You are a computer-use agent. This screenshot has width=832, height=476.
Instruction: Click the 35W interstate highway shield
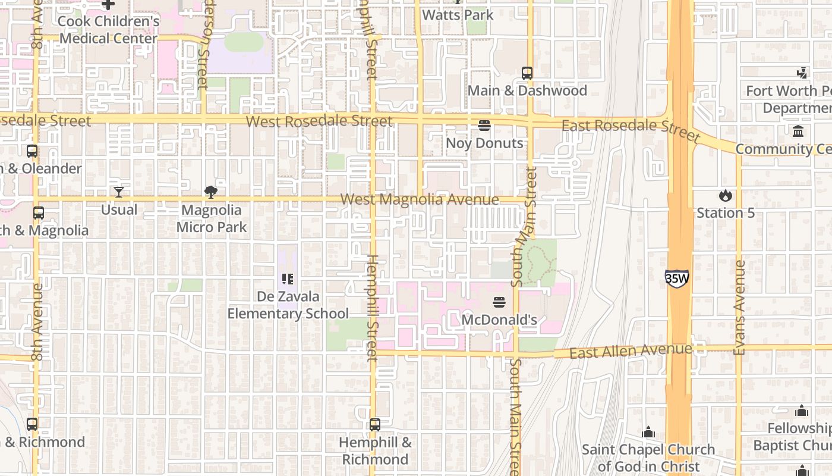[677, 278]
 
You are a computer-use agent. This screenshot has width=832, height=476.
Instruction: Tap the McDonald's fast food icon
[499, 302]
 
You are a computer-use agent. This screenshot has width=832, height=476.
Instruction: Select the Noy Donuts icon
[484, 126]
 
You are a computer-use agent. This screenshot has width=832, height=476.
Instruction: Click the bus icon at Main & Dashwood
[527, 73]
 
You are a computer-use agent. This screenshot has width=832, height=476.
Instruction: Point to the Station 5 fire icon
[725, 195]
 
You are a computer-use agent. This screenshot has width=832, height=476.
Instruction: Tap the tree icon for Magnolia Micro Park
[210, 192]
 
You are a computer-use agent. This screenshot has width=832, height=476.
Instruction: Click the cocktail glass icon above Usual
[119, 192]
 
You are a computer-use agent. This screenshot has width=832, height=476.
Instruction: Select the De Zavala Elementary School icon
[288, 278]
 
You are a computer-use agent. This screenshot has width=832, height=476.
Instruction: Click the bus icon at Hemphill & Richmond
[375, 425]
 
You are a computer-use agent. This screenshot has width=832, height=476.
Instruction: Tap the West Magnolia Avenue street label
[420, 199]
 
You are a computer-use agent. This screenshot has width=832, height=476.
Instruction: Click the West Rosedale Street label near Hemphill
[319, 121]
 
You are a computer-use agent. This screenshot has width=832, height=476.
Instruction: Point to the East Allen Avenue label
[631, 351]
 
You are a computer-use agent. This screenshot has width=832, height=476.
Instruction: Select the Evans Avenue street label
[740, 308]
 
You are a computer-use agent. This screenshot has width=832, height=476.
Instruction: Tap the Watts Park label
[458, 15]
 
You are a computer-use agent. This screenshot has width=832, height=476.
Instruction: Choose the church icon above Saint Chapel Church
[648, 431]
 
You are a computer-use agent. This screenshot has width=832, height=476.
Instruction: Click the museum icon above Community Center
[798, 131]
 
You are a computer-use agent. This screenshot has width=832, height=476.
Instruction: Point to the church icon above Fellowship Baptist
[802, 411]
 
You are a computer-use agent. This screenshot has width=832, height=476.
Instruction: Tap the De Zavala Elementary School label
[288, 305]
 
